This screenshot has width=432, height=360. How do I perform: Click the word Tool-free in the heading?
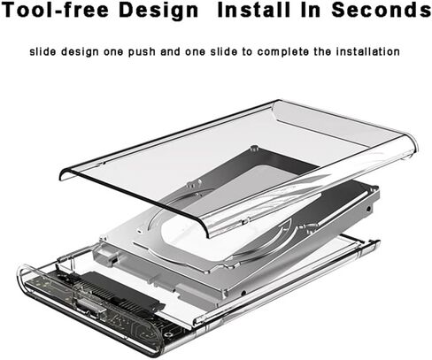(55, 10)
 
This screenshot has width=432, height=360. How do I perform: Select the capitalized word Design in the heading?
(158, 11)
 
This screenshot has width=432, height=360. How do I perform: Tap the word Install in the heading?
(254, 10)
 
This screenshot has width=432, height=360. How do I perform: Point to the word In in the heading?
(311, 10)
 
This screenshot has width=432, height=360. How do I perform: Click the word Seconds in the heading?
(382, 10)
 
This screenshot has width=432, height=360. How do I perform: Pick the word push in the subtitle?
(142, 52)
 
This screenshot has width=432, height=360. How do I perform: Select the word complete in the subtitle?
(283, 52)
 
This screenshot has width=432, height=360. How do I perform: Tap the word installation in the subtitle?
(368, 51)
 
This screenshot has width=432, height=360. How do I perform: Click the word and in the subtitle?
(170, 51)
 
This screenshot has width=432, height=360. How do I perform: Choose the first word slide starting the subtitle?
(42, 51)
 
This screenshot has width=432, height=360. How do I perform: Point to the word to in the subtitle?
(247, 52)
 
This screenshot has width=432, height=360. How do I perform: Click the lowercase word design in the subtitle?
(80, 52)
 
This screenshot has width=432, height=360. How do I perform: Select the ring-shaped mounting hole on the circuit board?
(168, 335)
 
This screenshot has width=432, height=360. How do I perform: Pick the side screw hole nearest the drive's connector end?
(243, 293)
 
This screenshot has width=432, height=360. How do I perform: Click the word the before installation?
(322, 51)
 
